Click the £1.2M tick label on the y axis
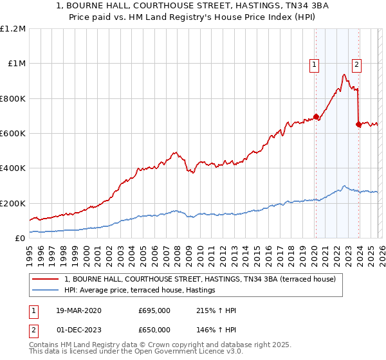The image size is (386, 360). (13, 29)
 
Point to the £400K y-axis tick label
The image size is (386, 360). (13, 168)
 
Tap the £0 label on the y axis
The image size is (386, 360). (21, 238)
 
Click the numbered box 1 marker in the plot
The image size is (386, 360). (315, 64)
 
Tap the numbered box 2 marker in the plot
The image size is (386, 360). (356, 64)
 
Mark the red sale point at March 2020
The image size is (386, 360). (316, 117)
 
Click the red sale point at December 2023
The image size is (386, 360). (358, 125)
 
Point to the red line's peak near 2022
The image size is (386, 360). (344, 75)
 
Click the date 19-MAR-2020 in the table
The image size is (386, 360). (78, 310)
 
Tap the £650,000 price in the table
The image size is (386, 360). (154, 329)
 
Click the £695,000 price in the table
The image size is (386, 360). (154, 310)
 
